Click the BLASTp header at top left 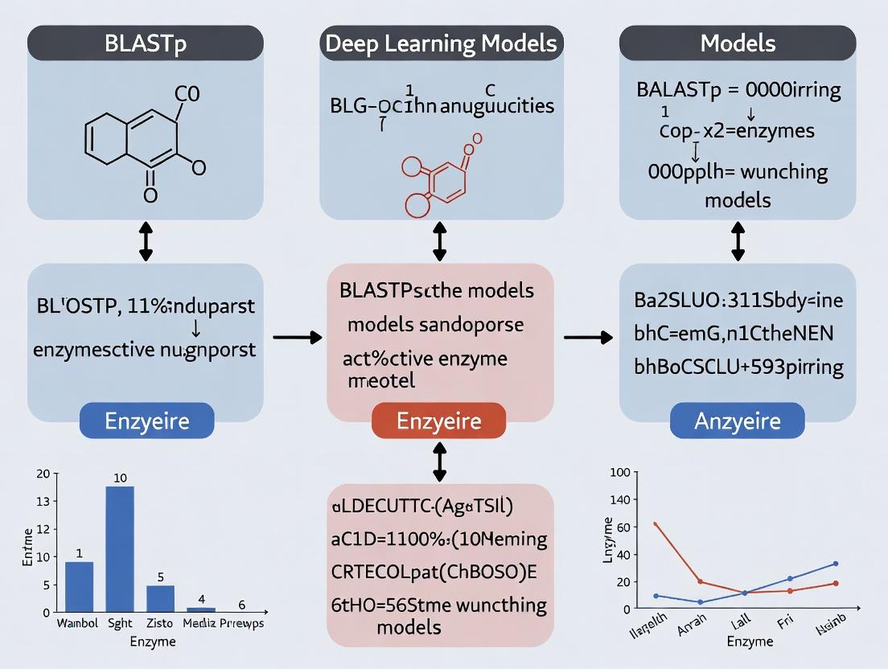[x=146, y=43]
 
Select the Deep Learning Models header [x=441, y=43]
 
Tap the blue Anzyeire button [x=737, y=421]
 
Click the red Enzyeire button [x=439, y=421]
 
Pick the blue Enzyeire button [x=146, y=421]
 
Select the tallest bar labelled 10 [x=120, y=548]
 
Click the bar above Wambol [x=79, y=586]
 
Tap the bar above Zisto [x=160, y=598]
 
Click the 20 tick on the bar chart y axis [x=43, y=474]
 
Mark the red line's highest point [x=656, y=523]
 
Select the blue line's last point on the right [x=836, y=564]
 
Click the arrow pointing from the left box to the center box [x=298, y=338]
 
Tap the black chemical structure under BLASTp [x=138, y=144]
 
